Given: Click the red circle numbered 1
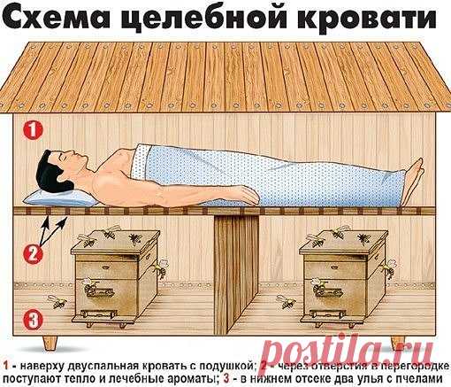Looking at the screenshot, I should pos(32,129).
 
